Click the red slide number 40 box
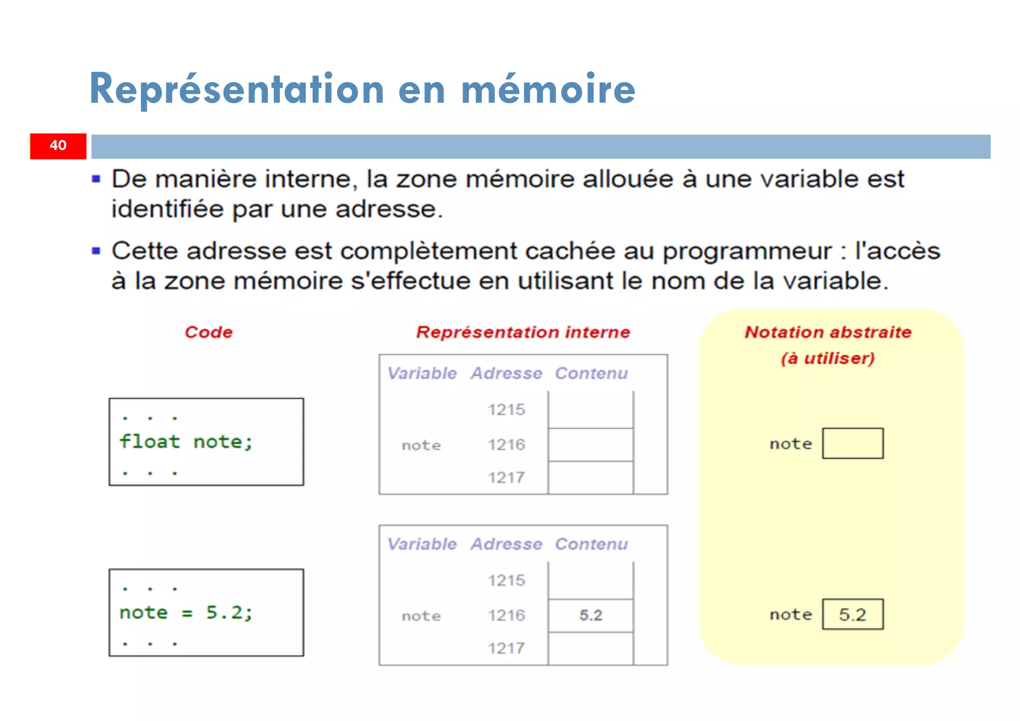[58, 145]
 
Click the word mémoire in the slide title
[548, 90]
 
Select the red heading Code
[209, 332]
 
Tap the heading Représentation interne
[523, 332]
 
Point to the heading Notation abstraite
[828, 332]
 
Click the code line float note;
[186, 442]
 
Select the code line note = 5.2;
[186, 612]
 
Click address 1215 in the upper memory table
[507, 410]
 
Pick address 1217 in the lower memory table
[507, 648]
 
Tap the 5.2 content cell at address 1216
[591, 615]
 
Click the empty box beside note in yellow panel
[853, 443]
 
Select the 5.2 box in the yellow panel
[853, 614]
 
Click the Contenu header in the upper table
[591, 373]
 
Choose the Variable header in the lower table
[422, 544]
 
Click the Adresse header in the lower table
[507, 544]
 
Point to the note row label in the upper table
[421, 445]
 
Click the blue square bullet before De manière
[97, 179]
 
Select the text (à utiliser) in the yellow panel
[828, 358]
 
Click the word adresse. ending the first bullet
[389, 209]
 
